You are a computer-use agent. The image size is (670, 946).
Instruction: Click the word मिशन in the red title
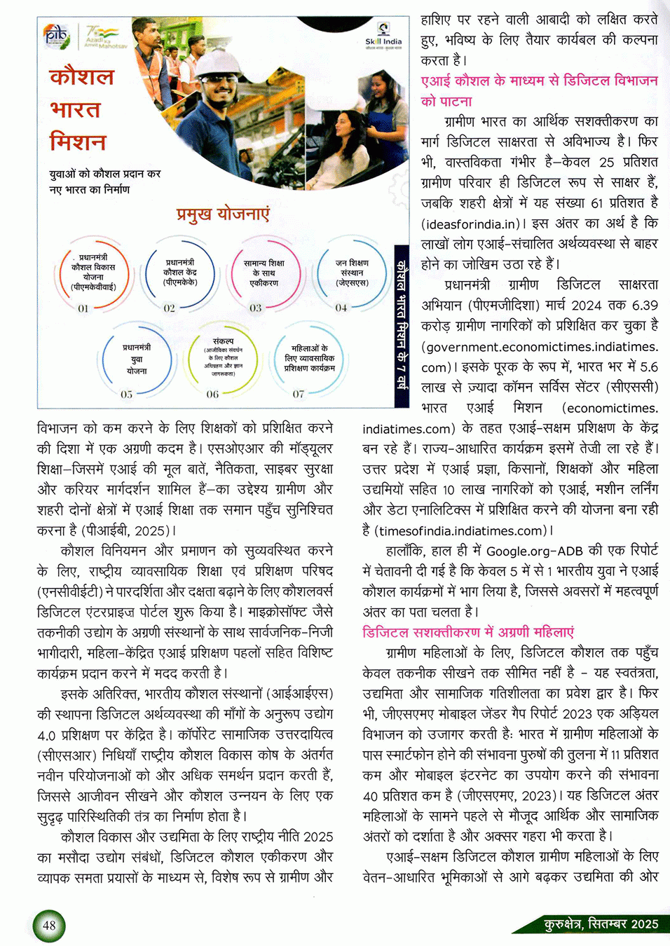point(78,142)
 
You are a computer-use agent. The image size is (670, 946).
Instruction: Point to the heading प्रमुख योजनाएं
point(223,214)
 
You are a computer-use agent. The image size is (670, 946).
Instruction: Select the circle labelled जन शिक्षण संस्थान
point(352,273)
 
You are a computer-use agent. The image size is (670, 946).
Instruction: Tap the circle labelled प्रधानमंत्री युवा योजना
point(136,359)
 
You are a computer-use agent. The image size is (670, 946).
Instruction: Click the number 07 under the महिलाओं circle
point(299,394)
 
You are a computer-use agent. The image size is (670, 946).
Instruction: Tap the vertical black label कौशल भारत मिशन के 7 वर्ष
point(401,327)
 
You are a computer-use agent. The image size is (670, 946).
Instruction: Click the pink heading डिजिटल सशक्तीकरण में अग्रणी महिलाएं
point(468,632)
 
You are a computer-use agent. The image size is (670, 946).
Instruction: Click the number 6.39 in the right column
point(644,306)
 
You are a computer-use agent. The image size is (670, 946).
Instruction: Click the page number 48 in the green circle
point(49,925)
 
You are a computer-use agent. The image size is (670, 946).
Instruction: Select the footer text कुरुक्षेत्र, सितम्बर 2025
point(601,924)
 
